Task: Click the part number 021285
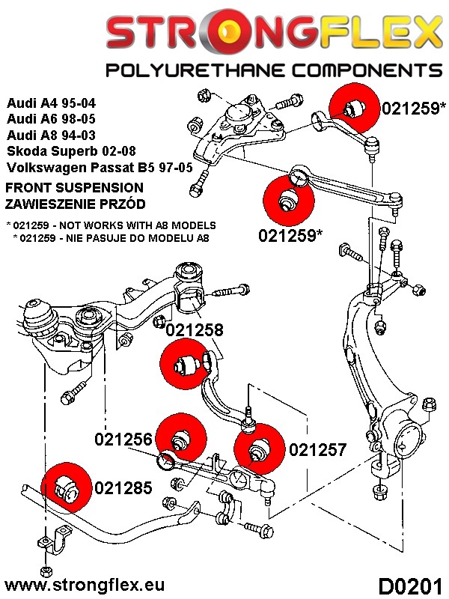[x=123, y=488]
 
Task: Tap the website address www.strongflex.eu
[x=85, y=583]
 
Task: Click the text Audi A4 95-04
[x=51, y=103]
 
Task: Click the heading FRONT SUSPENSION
[x=74, y=187]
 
